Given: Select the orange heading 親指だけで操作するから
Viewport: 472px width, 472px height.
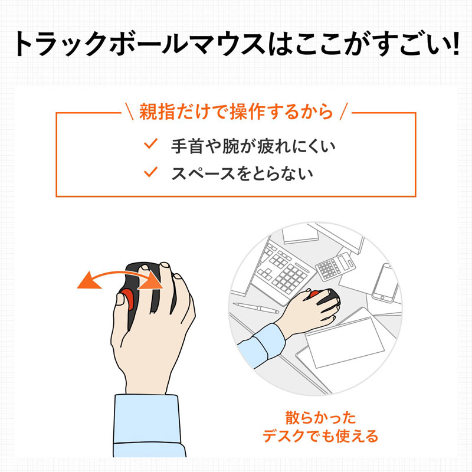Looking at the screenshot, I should [236, 111].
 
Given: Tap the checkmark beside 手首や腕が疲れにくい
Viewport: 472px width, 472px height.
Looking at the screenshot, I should [151, 143].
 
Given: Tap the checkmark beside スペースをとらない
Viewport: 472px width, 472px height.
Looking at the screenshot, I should [151, 172].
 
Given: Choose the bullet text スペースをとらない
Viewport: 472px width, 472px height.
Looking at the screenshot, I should [242, 173].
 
